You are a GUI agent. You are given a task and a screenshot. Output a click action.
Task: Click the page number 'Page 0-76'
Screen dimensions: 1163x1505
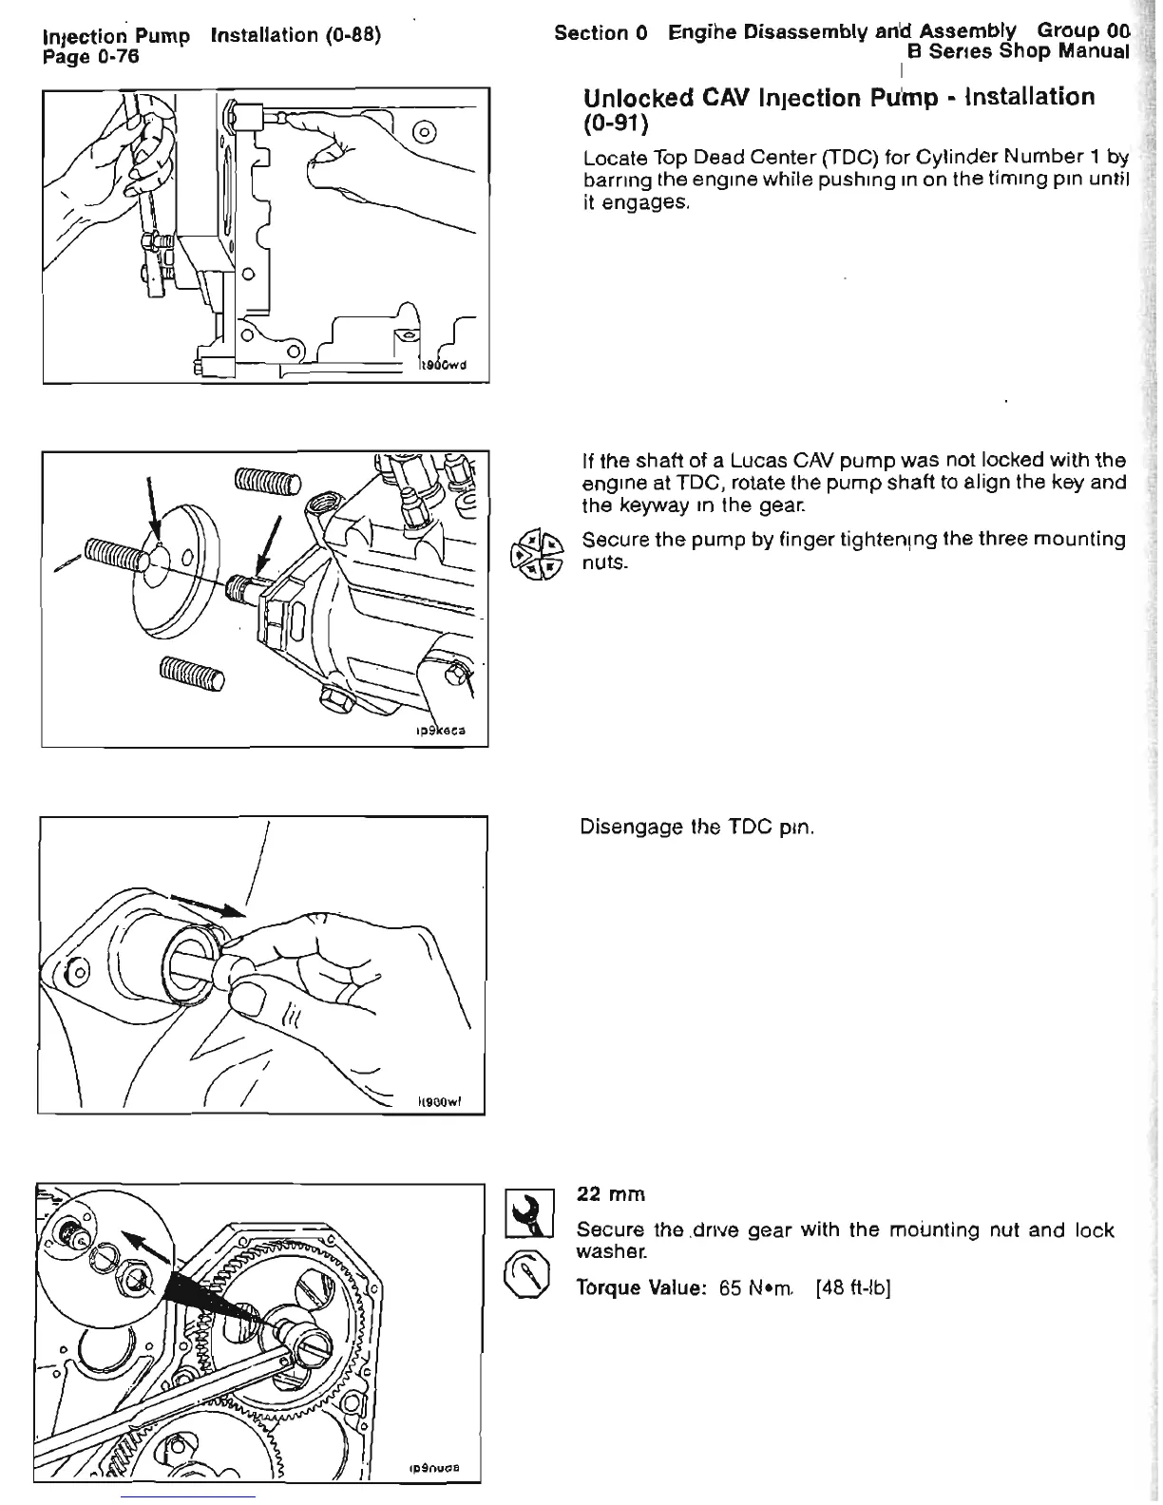click(x=91, y=57)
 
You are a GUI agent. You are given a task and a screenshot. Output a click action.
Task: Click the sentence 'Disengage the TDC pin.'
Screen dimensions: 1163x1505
click(x=697, y=827)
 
